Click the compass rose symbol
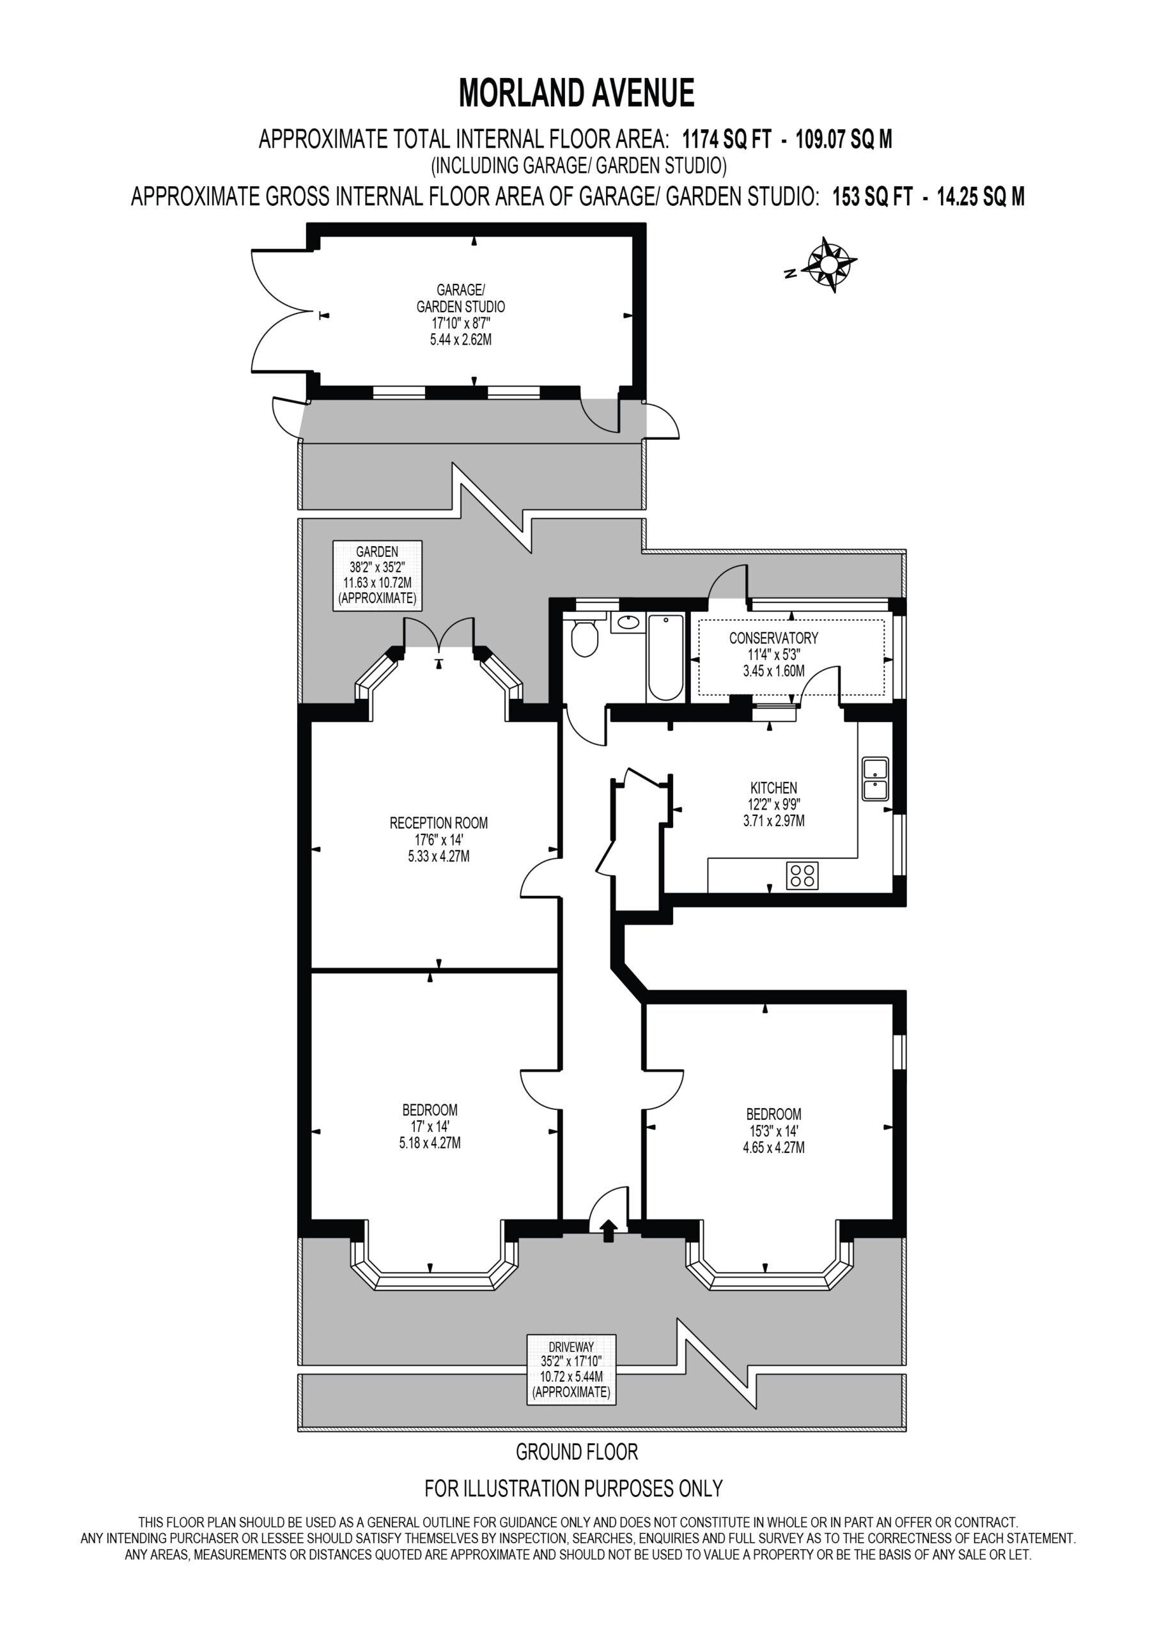click(830, 264)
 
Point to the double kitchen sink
click(874, 779)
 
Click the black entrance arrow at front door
click(608, 1230)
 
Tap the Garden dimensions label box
click(377, 576)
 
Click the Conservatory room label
click(773, 638)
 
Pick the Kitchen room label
click(773, 788)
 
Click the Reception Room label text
click(439, 823)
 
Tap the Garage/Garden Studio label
click(460, 298)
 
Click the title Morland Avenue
click(577, 93)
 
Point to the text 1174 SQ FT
click(726, 138)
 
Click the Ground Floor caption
click(577, 1452)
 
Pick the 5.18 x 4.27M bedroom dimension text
click(429, 1143)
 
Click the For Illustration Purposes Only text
click(574, 1488)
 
